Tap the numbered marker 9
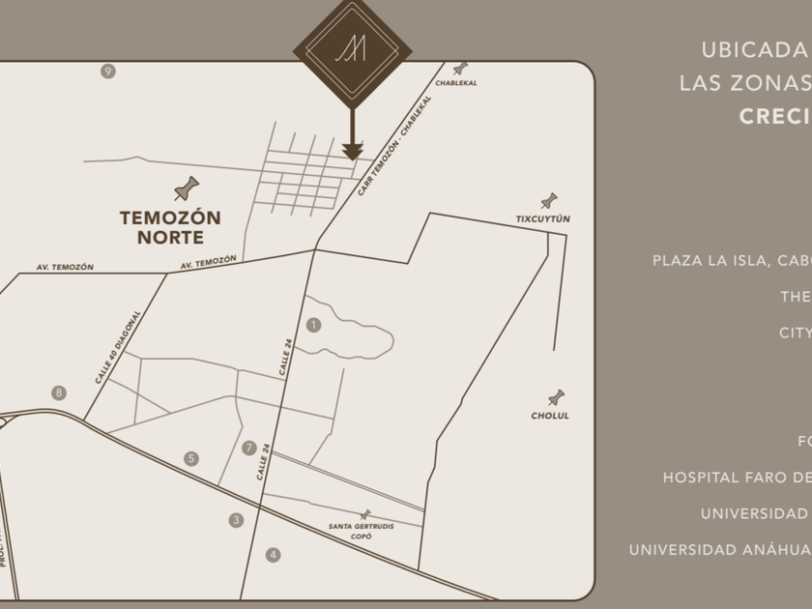click(x=107, y=71)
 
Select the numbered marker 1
click(x=313, y=325)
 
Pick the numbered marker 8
click(x=59, y=392)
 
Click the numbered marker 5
click(x=191, y=458)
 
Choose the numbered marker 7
click(x=249, y=448)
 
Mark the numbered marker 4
click(x=274, y=555)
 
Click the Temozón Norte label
click(x=170, y=227)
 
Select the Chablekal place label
click(x=455, y=83)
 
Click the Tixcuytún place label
click(x=543, y=219)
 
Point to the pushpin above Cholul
click(x=556, y=397)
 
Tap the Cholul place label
click(x=550, y=416)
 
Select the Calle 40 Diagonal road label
click(x=118, y=348)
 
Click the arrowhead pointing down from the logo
click(x=352, y=151)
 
